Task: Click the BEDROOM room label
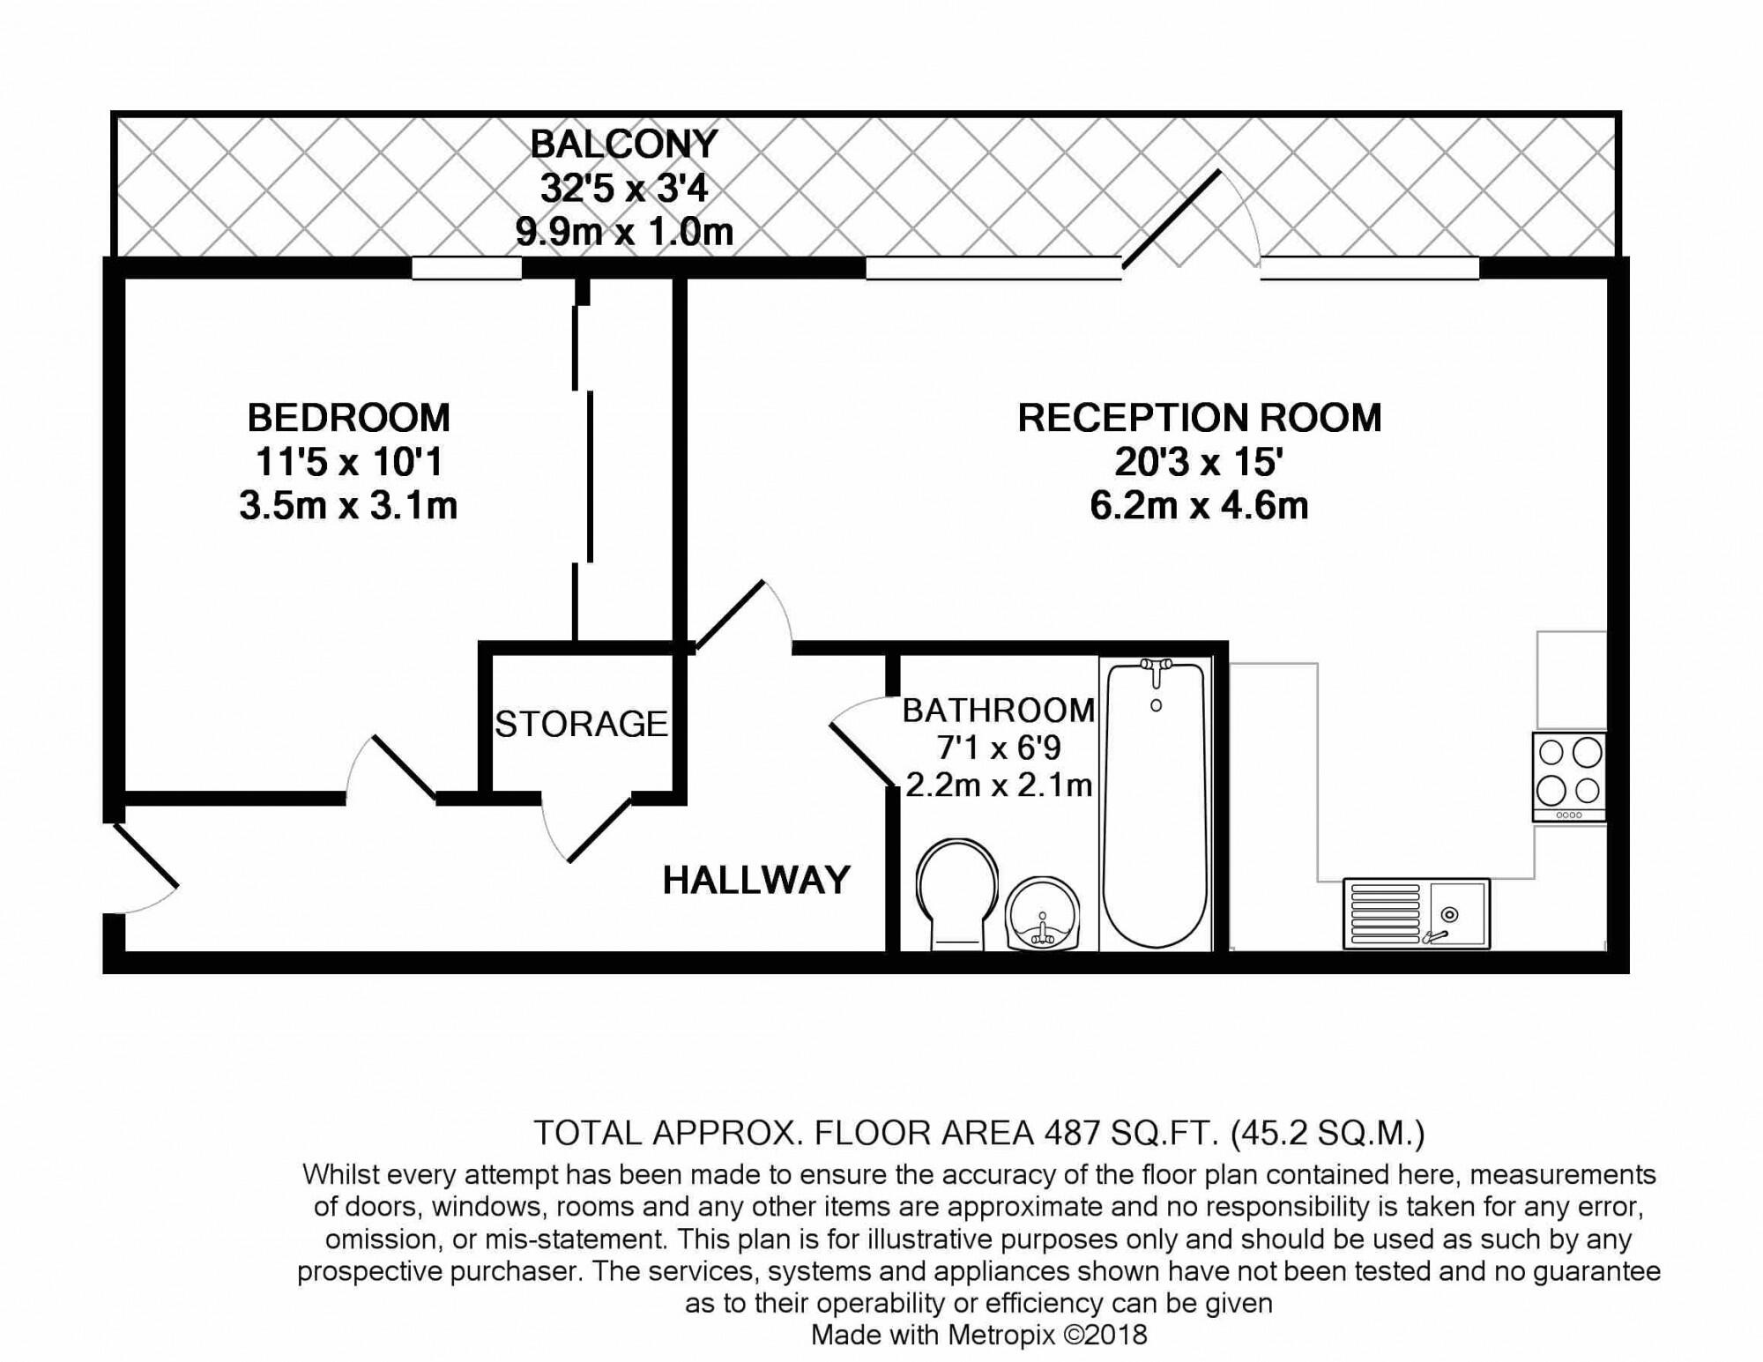pos(348,418)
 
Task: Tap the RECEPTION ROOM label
pos(1200,418)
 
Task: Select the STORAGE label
pos(581,724)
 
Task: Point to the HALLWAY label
pos(756,880)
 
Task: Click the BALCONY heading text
pos(624,144)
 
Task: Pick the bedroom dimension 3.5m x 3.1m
pos(348,506)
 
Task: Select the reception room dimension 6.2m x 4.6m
pos(1199,506)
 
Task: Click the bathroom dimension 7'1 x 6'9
pos(999,748)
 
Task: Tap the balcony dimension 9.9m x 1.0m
pos(624,232)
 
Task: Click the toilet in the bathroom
pos(956,893)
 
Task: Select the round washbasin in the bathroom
pos(1042,914)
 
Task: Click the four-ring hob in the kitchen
pos(1569,777)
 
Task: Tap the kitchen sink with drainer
pos(1417,913)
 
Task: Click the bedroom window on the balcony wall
pos(467,268)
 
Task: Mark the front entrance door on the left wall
pos(145,855)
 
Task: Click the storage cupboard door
pos(599,829)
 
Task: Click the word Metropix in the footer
pos(1001,1335)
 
